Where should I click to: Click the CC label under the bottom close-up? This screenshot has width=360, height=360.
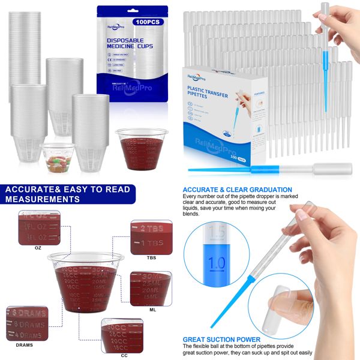click(x=124, y=355)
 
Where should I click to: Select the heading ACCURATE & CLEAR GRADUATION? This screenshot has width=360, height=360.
click(x=237, y=190)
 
